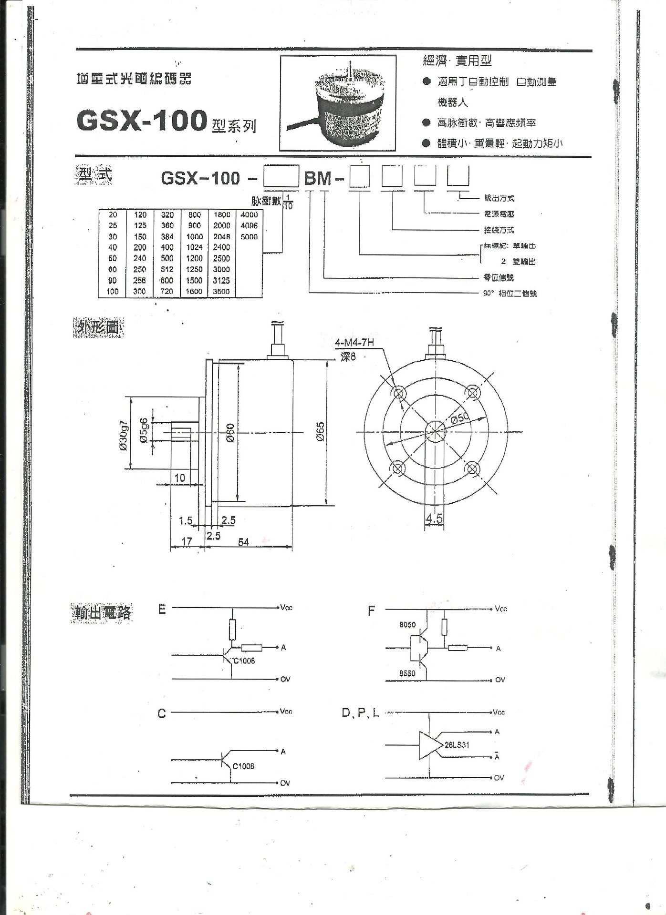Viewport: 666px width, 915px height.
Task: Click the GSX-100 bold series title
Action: click(141, 121)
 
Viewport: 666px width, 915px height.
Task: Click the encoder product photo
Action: click(338, 103)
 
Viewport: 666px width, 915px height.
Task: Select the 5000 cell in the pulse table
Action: click(249, 237)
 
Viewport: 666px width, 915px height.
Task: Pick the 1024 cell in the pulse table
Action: click(195, 247)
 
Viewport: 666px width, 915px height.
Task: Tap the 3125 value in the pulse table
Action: click(221, 280)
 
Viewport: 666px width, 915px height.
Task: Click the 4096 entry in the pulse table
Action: click(249, 225)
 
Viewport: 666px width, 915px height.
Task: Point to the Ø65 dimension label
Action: click(320, 432)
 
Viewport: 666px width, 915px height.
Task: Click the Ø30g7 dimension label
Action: click(124, 435)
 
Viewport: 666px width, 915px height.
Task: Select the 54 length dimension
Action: click(243, 542)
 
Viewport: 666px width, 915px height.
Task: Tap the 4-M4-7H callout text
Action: click(354, 343)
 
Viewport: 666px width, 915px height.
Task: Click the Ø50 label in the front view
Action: click(460, 418)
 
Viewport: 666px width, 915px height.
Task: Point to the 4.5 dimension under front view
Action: click(434, 518)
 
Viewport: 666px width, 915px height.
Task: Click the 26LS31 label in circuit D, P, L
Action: click(457, 745)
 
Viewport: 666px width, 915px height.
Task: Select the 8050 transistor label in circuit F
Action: click(407, 624)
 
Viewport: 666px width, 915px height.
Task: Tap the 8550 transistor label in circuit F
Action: click(407, 673)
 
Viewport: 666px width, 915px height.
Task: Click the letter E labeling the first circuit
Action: click(162, 610)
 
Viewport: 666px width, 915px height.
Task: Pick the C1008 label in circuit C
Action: click(243, 766)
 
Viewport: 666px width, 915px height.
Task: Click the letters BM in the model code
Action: click(318, 178)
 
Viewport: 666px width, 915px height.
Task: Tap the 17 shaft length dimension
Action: click(187, 541)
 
